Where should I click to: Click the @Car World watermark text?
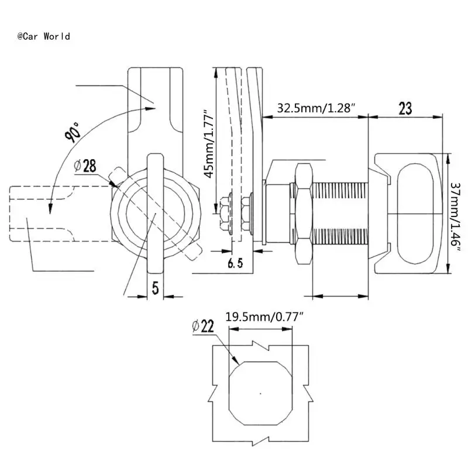44,36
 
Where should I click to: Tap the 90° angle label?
75,132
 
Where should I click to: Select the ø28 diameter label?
85,166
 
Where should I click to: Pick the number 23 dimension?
405,108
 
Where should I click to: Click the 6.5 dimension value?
235,264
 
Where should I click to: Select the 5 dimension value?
154,287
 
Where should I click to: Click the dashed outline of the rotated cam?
41,214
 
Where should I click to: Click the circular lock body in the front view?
154,214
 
